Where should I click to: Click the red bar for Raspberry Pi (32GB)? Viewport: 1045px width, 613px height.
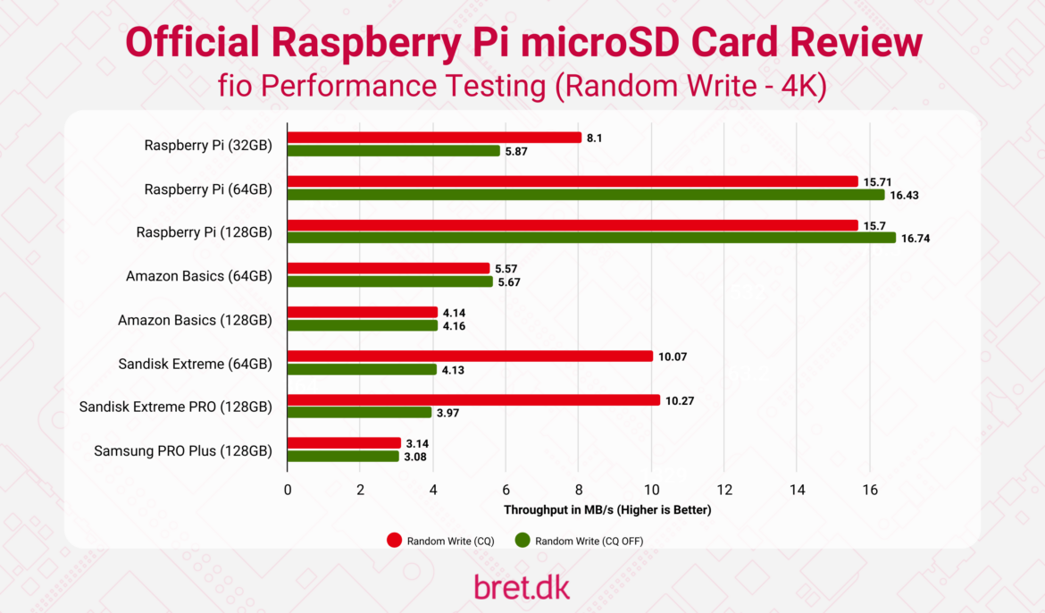(x=434, y=138)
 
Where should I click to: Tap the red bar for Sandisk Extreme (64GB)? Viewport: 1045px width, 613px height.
(x=470, y=357)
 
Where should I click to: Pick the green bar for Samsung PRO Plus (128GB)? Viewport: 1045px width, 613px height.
(x=343, y=457)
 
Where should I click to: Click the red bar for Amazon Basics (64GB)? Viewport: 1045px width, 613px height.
(x=389, y=268)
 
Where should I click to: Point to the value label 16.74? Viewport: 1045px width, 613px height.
(x=915, y=239)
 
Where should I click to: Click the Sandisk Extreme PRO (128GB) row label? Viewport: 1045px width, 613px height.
(x=175, y=407)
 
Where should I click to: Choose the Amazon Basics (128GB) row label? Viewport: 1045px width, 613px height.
(x=195, y=319)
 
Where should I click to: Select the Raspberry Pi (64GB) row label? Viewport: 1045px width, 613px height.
(x=208, y=189)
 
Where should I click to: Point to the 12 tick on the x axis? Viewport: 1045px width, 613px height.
(x=724, y=490)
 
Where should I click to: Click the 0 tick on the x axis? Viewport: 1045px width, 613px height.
(x=287, y=490)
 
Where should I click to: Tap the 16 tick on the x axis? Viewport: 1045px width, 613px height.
(x=870, y=490)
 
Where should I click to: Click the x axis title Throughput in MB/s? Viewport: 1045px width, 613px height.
(x=607, y=510)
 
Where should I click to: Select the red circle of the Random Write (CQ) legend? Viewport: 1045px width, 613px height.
(x=395, y=541)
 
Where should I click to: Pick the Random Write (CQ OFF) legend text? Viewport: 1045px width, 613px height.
(x=589, y=541)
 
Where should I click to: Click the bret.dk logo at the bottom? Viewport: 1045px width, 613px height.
(x=522, y=586)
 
